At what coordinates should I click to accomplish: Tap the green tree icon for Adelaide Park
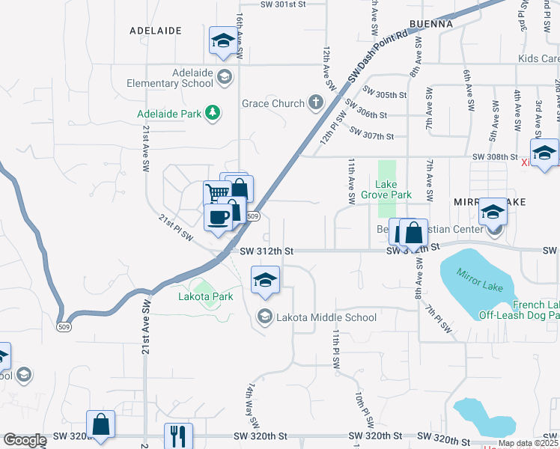point(214,113)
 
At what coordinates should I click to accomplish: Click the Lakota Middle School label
point(326,317)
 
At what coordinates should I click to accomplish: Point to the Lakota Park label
point(206,296)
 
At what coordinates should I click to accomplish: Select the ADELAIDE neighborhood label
point(156,31)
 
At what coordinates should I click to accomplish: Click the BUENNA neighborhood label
point(430,24)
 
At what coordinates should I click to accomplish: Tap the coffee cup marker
point(218,217)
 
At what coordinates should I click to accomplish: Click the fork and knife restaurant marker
point(178,436)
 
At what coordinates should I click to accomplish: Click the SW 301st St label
point(284,4)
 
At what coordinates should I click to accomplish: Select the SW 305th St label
point(384,95)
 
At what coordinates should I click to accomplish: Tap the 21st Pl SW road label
point(176,227)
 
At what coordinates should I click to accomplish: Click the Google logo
point(25,441)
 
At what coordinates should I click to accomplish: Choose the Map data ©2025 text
point(528,443)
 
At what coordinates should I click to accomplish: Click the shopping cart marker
point(216,193)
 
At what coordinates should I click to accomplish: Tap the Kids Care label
point(538,58)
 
